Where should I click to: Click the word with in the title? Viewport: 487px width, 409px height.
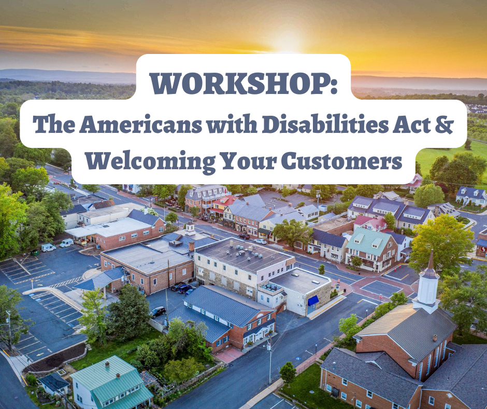click(232, 125)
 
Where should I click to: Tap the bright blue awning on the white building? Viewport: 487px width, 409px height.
click(313, 300)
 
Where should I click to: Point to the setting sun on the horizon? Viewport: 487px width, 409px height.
click(288, 43)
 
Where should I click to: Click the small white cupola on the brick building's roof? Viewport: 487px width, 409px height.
click(190, 228)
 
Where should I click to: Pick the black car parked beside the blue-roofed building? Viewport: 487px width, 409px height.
click(158, 311)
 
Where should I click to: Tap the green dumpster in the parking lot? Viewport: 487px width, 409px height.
click(34, 252)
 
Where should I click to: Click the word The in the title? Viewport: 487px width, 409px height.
click(54, 125)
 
